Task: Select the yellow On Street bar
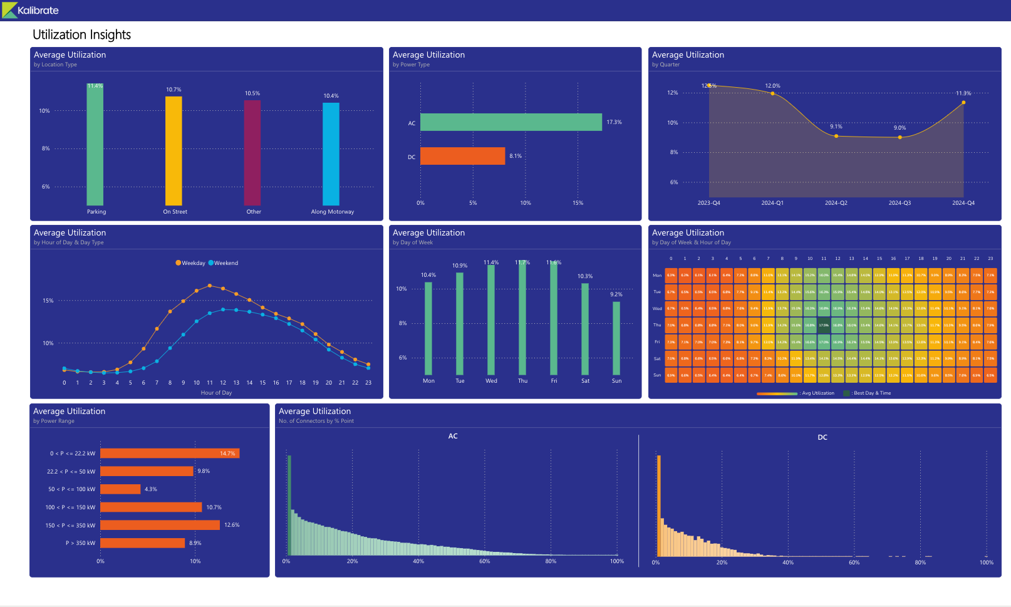tap(174, 150)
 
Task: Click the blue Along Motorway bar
tap(331, 153)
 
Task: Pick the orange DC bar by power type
tap(462, 156)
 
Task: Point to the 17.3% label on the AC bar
tap(614, 122)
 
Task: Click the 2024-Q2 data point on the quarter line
tap(836, 136)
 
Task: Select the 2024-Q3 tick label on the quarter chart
tap(900, 203)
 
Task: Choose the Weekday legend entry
tap(190, 263)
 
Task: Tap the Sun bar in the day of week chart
tap(616, 338)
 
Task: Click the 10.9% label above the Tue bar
tap(460, 266)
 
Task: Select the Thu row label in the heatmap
tap(657, 325)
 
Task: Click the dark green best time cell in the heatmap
tap(824, 325)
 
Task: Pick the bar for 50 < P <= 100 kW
tap(120, 489)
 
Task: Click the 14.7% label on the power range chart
tap(227, 454)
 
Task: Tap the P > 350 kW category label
tap(80, 543)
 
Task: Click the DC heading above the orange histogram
tap(822, 437)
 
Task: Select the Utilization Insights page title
tap(81, 35)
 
